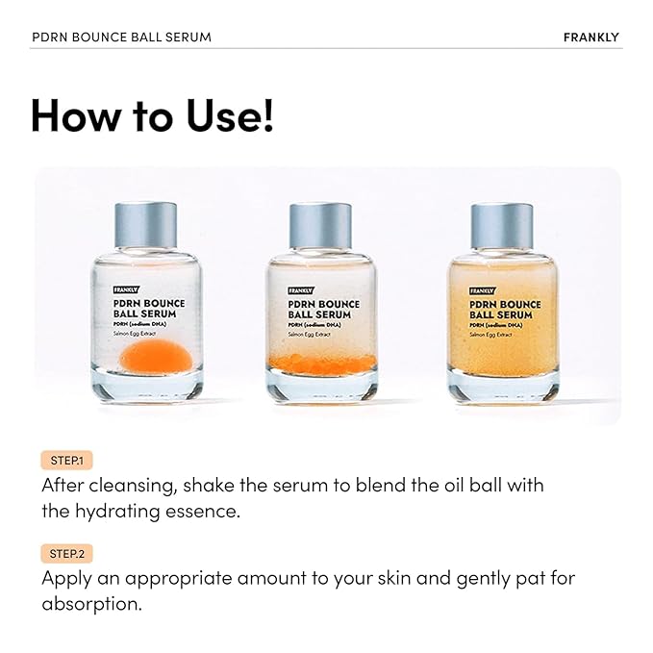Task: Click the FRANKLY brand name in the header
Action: pyautogui.click(x=591, y=38)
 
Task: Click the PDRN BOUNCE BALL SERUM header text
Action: pyautogui.click(x=121, y=38)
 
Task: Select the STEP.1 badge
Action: pyautogui.click(x=66, y=461)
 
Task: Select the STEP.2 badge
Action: pyautogui.click(x=66, y=554)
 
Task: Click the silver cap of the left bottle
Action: pyautogui.click(x=145, y=224)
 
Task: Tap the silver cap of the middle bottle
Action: pyautogui.click(x=321, y=224)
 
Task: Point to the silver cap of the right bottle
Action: pyautogui.click(x=501, y=224)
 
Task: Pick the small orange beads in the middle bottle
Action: pyautogui.click(x=320, y=364)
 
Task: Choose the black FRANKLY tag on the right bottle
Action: pyautogui.click(x=482, y=289)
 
